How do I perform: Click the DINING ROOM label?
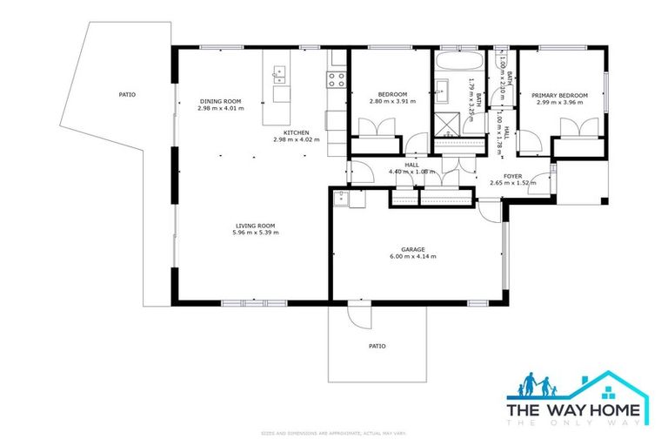tap(220, 101)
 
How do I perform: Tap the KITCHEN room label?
tap(297, 132)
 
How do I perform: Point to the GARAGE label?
tap(412, 249)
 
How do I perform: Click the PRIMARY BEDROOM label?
tap(560, 95)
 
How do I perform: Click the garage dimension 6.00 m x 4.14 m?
tap(412, 257)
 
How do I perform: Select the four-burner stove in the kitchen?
tap(337, 79)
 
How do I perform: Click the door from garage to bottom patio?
tap(356, 314)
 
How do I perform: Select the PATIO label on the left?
tap(127, 94)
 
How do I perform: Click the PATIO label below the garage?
tap(377, 346)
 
